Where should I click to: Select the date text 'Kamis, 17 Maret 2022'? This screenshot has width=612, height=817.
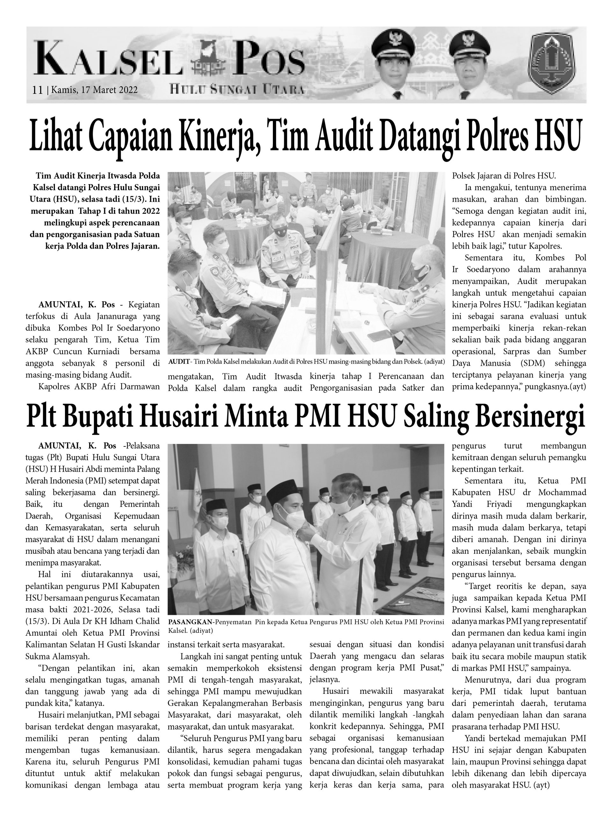(x=94, y=90)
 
